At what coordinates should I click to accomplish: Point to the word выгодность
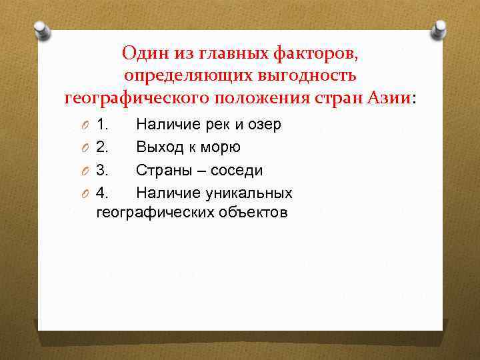tap(306, 75)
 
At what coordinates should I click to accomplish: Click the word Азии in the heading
tap(389, 99)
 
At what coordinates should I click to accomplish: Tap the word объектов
tap(255, 213)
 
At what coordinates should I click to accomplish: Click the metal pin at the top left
tap(41, 29)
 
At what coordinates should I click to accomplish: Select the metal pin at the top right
tap(439, 29)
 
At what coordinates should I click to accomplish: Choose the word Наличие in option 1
tap(164, 124)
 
